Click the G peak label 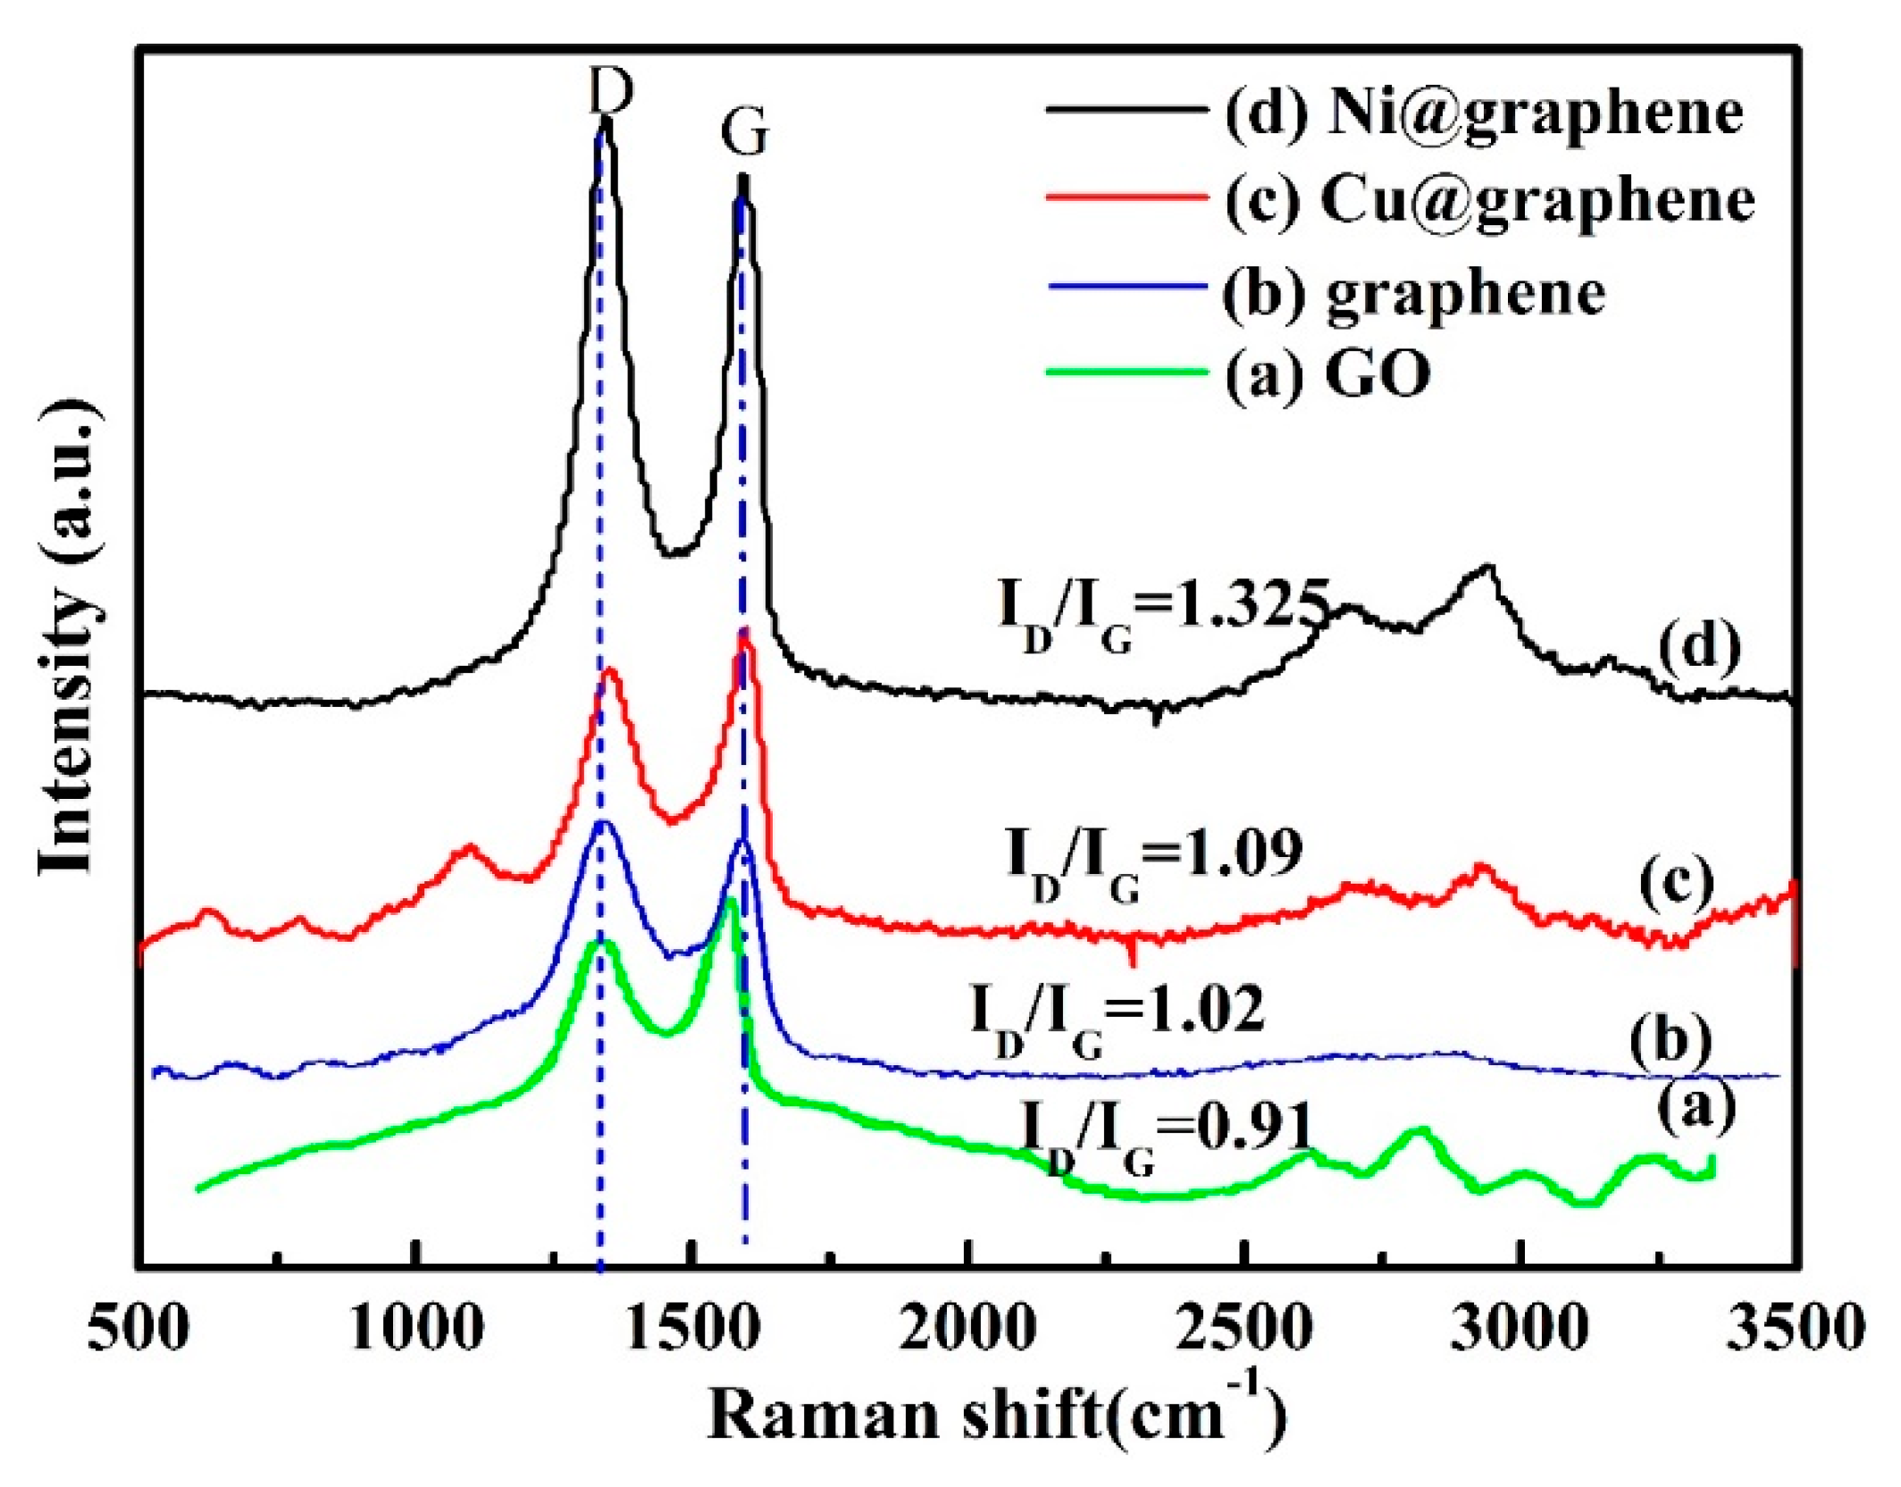(x=744, y=134)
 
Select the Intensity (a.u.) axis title (x=70, y=639)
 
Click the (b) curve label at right (x=1670, y=1039)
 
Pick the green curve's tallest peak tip (x=731, y=901)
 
